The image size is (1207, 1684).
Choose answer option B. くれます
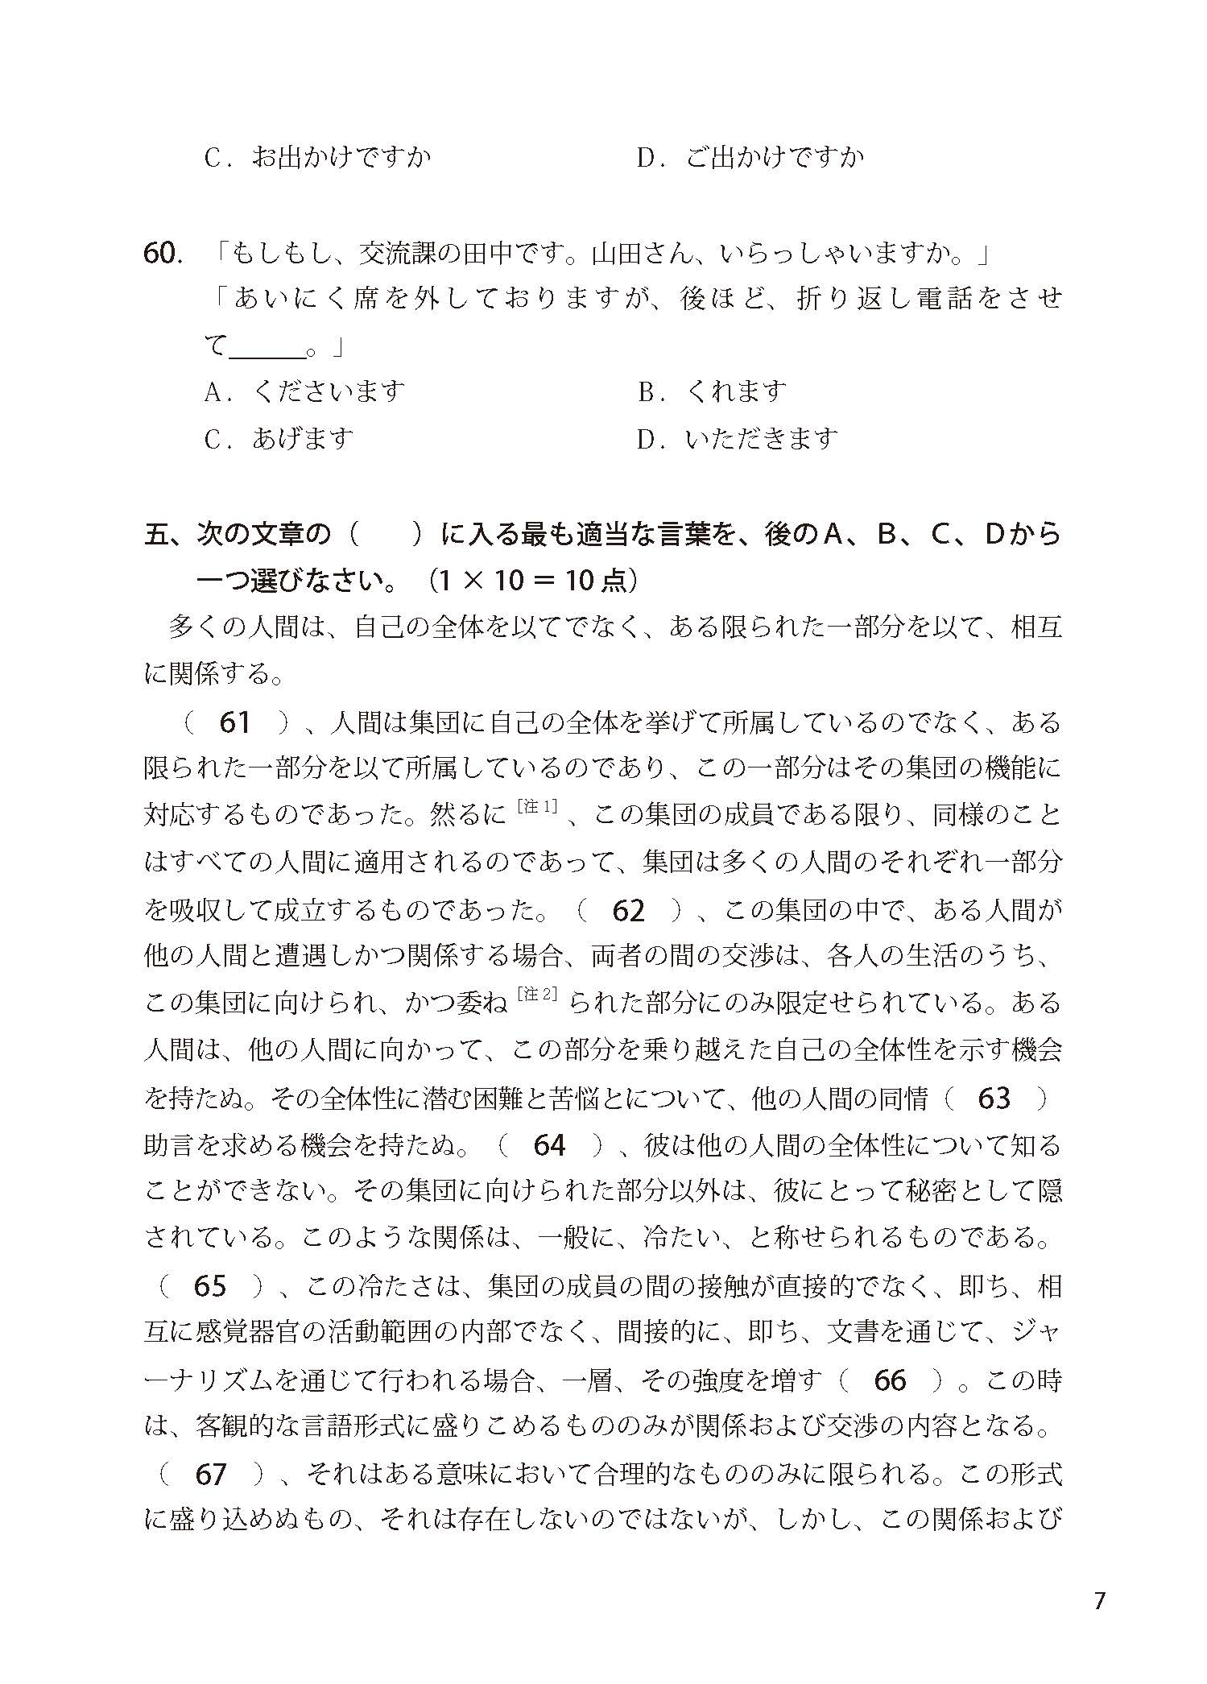[712, 392]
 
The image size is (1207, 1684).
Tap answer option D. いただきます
[737, 439]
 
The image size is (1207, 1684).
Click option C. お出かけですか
[317, 157]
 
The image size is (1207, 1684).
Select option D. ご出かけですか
[750, 157]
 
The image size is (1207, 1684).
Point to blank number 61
[234, 722]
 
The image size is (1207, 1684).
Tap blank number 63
[994, 1099]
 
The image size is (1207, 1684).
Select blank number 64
[549, 1145]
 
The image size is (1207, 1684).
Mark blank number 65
[209, 1286]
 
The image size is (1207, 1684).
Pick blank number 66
[890, 1380]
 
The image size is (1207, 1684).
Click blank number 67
[210, 1475]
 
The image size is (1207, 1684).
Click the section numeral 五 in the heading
[155, 535]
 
